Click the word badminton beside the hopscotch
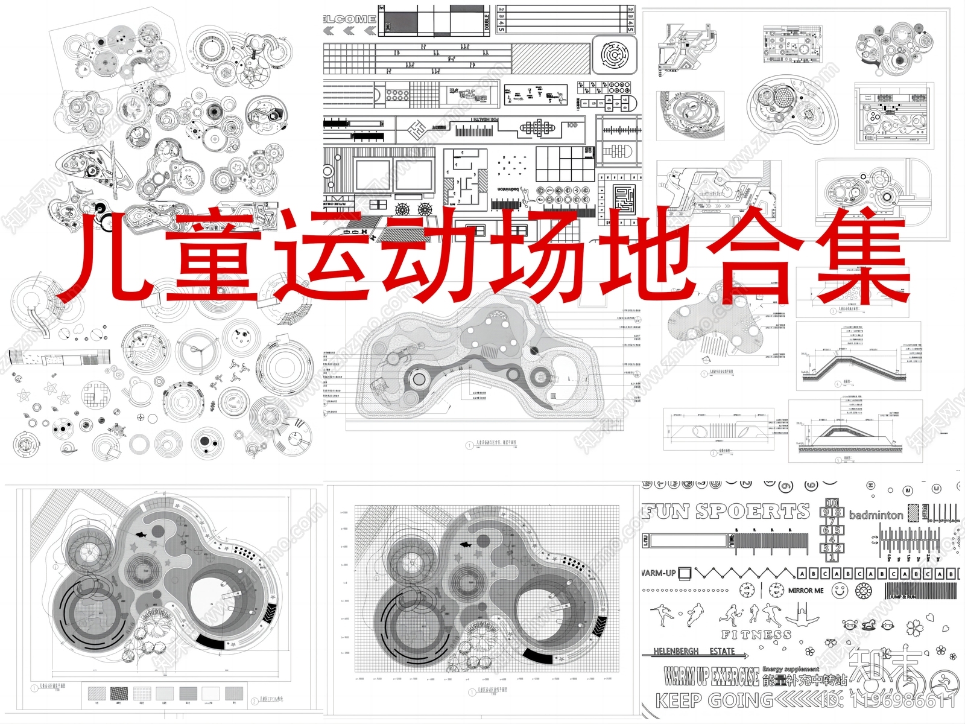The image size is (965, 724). pos(876,515)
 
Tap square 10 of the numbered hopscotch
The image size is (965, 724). pos(832,503)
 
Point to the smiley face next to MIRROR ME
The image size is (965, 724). pos(840,591)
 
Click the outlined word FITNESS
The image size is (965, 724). pos(756,635)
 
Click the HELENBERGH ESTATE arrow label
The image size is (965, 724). pos(700,652)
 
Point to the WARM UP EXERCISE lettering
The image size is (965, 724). pos(712,676)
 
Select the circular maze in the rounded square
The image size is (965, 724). pos(615,55)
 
